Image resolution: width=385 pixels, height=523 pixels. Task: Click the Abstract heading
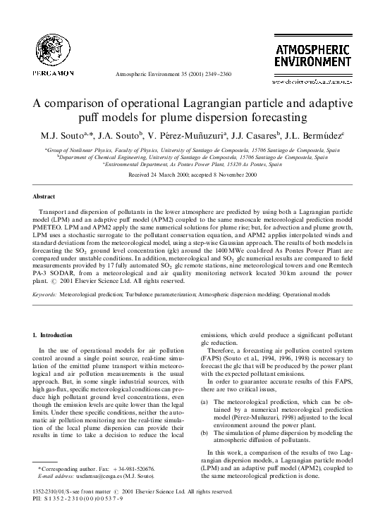pos(44,196)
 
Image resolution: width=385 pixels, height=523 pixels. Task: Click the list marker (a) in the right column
pos(205,401)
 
